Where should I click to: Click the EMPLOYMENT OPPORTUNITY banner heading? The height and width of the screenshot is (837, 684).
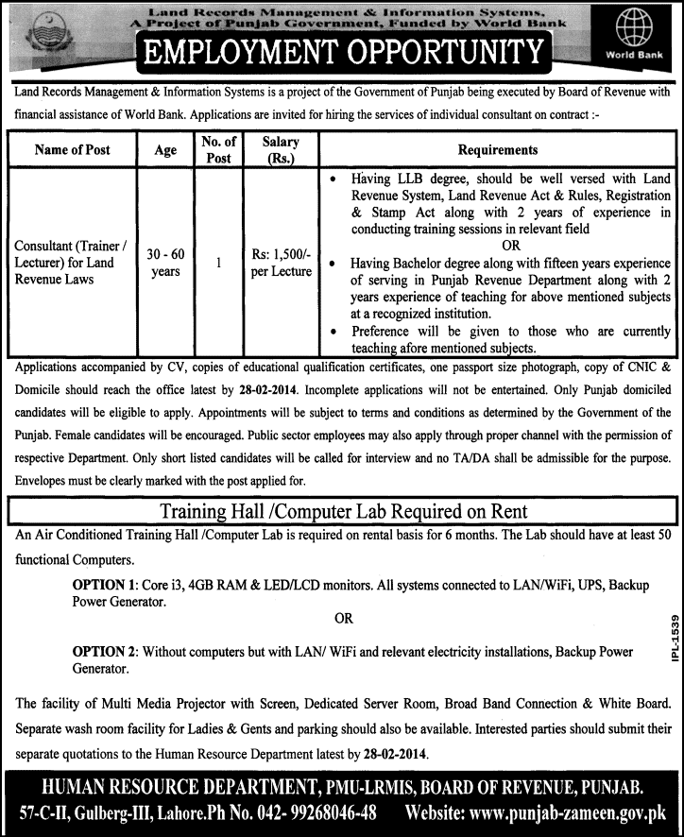point(342,53)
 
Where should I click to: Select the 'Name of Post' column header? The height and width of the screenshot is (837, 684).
point(72,150)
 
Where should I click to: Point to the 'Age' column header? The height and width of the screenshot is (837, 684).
point(164,150)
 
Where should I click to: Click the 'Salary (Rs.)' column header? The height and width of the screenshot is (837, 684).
point(280,150)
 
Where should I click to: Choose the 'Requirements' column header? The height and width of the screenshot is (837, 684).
point(498,150)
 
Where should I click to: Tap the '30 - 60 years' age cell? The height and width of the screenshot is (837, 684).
point(164,263)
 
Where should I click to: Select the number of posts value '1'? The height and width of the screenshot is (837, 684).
point(218,264)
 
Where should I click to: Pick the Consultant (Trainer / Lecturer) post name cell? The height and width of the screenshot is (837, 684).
point(72,263)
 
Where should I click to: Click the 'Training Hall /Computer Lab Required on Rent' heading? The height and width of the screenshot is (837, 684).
point(344,511)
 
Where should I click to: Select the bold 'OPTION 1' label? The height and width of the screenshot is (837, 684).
point(105,585)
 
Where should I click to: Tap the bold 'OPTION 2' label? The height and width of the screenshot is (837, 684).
point(105,653)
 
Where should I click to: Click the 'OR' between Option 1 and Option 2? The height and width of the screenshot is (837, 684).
point(344,619)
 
